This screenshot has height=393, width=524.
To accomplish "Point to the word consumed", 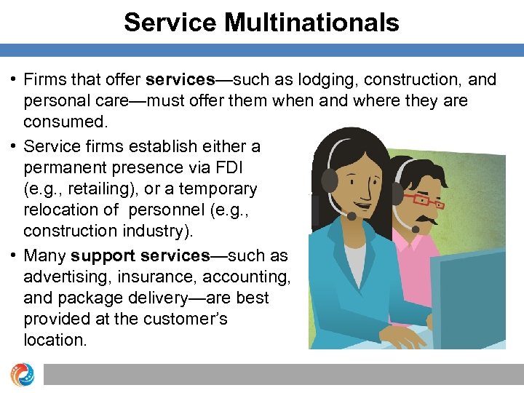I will (60, 121).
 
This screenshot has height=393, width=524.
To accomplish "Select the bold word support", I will (102, 256).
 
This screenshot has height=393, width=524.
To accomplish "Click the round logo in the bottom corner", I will (22, 374).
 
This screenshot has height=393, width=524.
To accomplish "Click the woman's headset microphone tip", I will (352, 216).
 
